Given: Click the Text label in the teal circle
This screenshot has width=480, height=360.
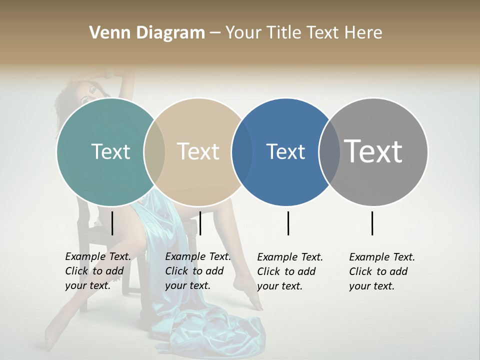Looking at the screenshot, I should click(x=110, y=151).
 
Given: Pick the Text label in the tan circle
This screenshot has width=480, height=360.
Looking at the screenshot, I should click(x=198, y=151).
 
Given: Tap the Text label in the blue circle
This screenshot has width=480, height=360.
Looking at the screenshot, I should click(x=285, y=151).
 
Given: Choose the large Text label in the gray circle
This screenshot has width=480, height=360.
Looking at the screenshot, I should click(x=373, y=151).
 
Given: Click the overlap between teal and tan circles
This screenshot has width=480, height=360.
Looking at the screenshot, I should click(x=154, y=151).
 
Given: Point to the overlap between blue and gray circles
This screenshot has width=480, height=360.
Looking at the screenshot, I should click(x=329, y=151).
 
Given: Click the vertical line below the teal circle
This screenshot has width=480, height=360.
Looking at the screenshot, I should click(x=112, y=223).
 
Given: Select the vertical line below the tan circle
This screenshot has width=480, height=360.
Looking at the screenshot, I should click(x=200, y=223).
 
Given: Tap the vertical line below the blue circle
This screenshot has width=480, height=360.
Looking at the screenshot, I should click(x=288, y=223).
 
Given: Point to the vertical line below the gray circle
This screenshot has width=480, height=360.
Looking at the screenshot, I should click(x=372, y=223).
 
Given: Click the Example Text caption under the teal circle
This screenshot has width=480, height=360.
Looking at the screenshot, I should click(x=97, y=271).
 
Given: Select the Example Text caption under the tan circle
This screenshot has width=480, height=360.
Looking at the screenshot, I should click(x=197, y=271).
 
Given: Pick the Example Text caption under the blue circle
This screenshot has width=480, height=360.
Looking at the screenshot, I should click(x=289, y=271).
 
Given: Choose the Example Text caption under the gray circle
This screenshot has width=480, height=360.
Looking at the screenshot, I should click(x=381, y=271).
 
